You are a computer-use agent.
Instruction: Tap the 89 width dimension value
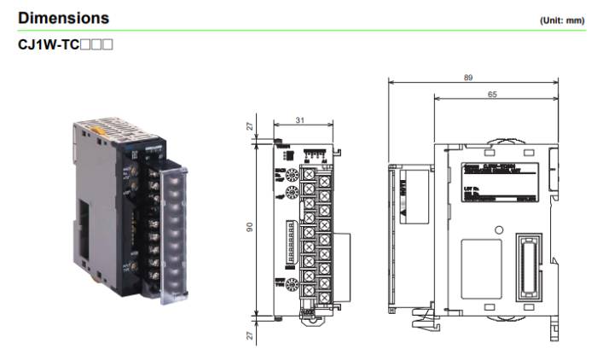[468, 78]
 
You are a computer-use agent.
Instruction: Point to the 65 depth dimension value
[492, 95]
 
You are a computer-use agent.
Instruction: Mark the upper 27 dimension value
[251, 126]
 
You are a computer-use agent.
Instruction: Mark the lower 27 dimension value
[251, 334]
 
